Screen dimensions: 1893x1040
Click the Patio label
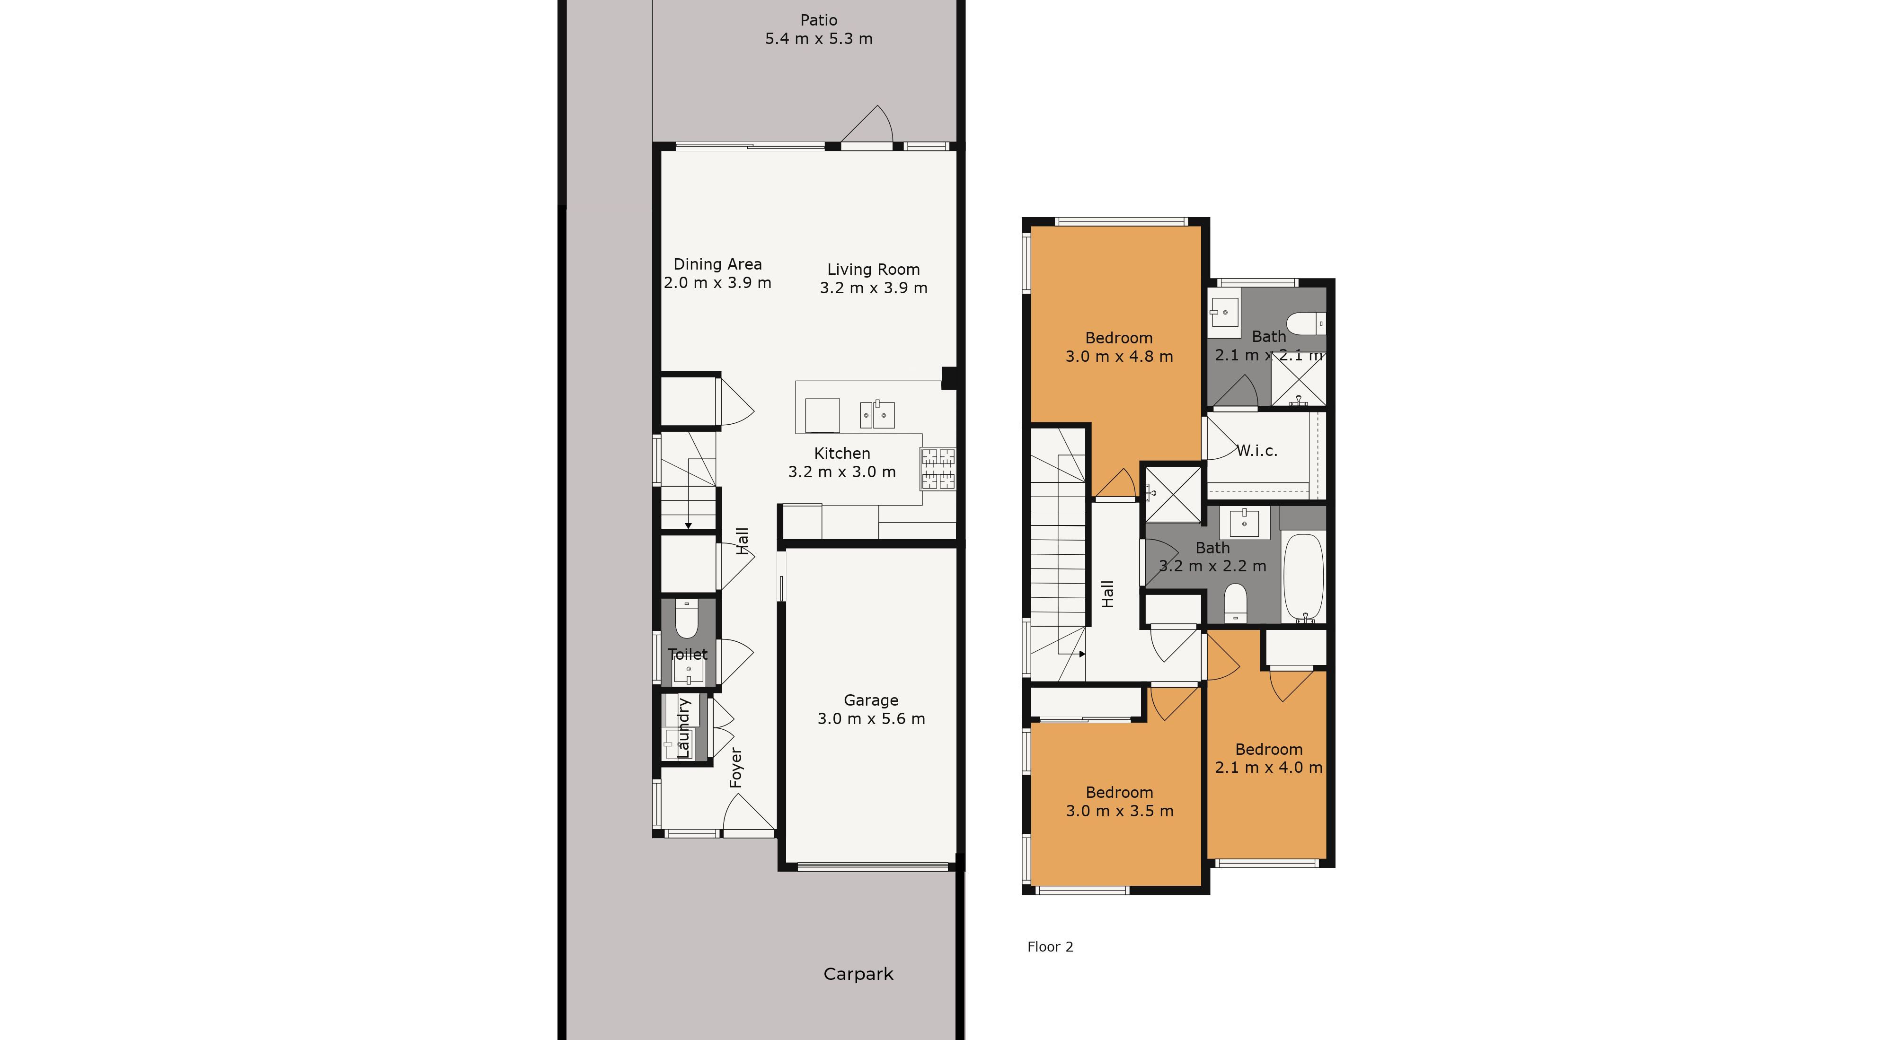point(819,20)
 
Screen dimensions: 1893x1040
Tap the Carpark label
point(858,974)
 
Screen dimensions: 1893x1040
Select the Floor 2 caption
point(1050,947)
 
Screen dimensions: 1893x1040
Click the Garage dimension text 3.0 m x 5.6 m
point(872,718)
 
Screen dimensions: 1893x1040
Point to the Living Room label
point(874,270)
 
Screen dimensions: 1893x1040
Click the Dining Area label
point(718,264)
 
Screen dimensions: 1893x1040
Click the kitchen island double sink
point(877,415)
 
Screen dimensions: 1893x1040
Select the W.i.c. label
point(1256,451)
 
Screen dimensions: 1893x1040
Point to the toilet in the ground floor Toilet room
point(687,619)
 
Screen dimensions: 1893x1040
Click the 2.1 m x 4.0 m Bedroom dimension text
point(1269,768)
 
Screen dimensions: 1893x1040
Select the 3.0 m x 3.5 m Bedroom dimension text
point(1120,811)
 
